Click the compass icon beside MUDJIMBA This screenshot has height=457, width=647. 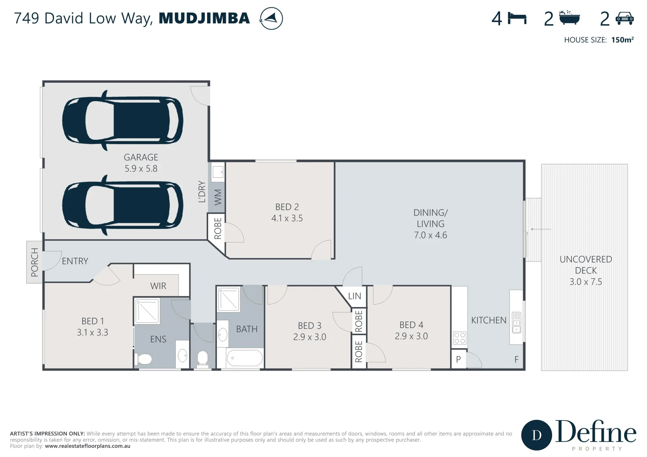click(271, 19)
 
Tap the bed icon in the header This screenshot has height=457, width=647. click(517, 19)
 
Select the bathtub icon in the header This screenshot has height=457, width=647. click(569, 18)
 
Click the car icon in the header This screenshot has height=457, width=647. click(625, 18)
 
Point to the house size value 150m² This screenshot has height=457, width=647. click(622, 40)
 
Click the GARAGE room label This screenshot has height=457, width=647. click(141, 157)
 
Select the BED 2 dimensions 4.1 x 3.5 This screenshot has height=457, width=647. click(287, 218)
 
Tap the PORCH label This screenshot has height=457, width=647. click(35, 262)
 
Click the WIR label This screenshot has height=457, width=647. click(158, 286)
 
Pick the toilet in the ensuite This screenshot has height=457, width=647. click(144, 360)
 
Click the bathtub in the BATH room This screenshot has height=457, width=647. click(244, 358)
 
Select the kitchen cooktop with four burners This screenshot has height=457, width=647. click(460, 338)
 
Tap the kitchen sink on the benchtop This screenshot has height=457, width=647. click(516, 322)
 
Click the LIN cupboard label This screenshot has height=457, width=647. click(354, 296)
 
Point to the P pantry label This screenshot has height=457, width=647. click(458, 360)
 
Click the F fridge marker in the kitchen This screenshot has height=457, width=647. click(516, 360)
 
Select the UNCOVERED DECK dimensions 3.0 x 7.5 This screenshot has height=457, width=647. click(586, 282)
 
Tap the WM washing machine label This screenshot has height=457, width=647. click(218, 197)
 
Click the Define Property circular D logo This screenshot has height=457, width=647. click(536, 435)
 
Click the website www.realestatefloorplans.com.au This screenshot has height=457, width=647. click(87, 446)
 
